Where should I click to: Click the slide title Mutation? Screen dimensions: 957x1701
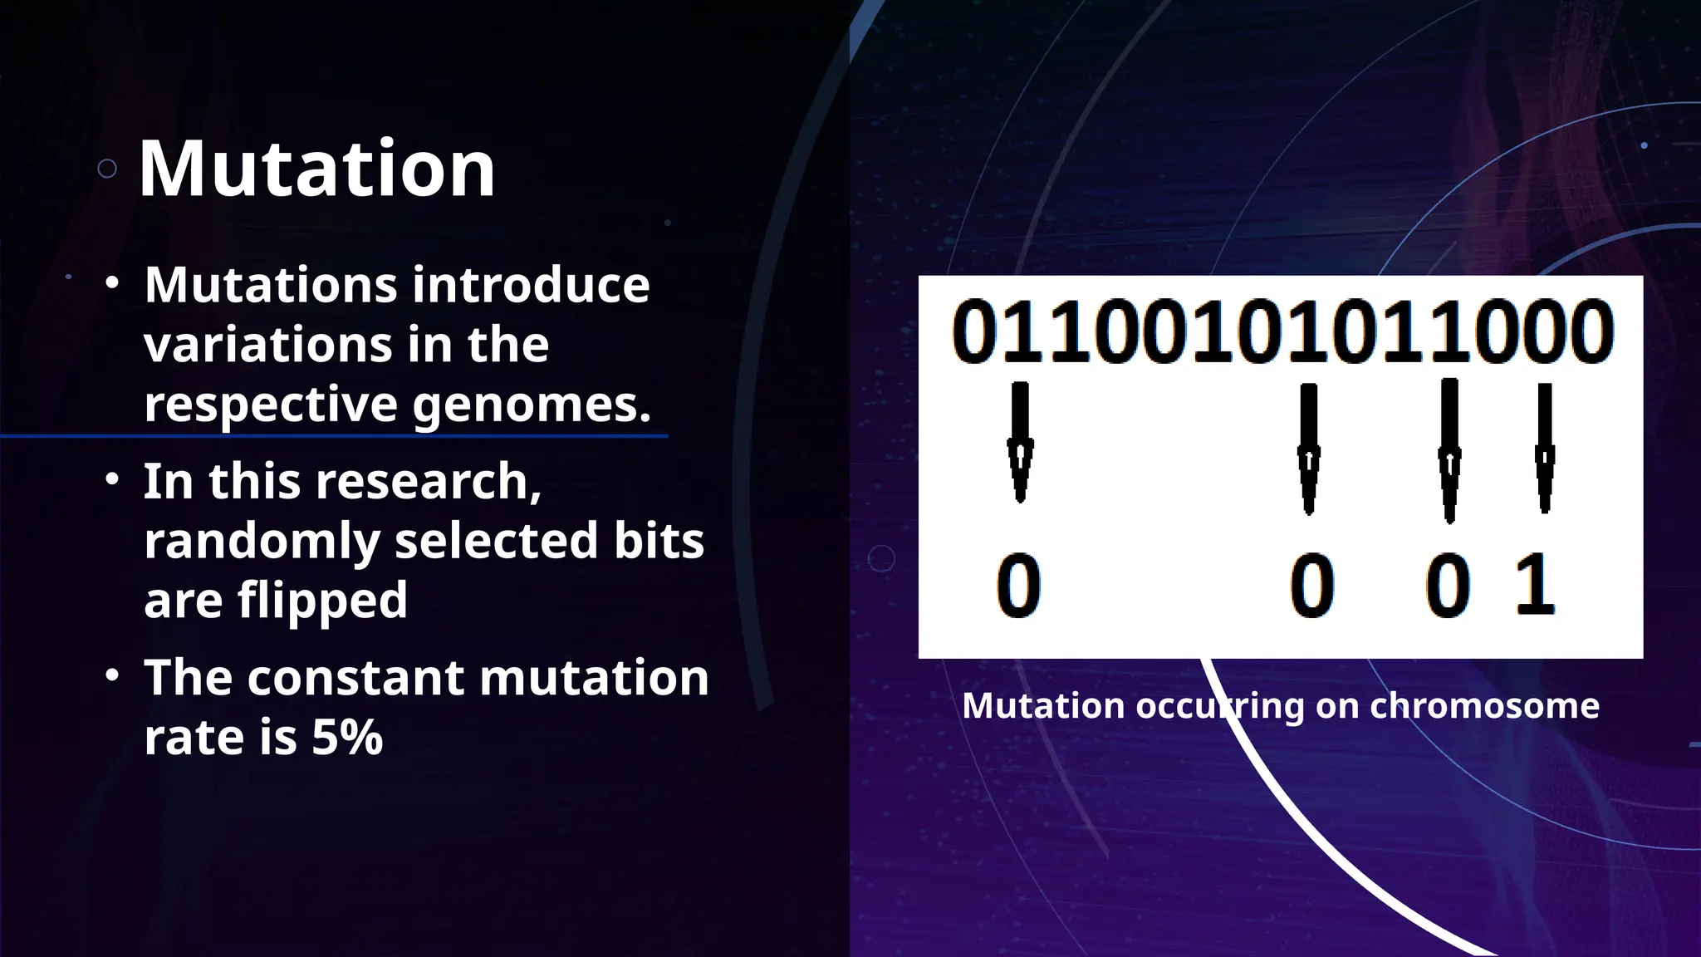click(316, 169)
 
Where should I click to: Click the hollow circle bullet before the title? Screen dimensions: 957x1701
click(107, 169)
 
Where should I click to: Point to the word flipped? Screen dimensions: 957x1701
click(322, 601)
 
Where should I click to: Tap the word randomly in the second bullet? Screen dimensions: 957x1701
click(262, 542)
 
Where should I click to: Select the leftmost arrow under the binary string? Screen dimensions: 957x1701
click(1020, 442)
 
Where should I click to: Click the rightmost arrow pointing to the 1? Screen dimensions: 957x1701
click(1544, 449)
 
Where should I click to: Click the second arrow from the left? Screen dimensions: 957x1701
click(1308, 449)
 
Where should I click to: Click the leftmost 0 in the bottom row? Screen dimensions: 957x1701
click(1018, 586)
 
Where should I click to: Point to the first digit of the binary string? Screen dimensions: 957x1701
click(974, 332)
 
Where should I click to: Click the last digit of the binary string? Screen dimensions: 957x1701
click(1591, 332)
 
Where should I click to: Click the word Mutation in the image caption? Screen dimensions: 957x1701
click(1043, 707)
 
